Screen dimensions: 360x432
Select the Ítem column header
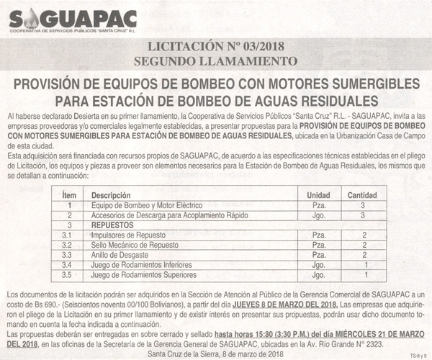69,195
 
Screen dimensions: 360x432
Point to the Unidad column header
318,195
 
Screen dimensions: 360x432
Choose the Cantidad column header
362,195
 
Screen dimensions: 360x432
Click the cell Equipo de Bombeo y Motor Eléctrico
138,205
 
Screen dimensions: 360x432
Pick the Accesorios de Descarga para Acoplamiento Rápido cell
155,215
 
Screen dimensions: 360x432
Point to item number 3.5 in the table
68,275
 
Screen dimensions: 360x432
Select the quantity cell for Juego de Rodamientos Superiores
366,275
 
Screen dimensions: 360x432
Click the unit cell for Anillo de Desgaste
318,255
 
